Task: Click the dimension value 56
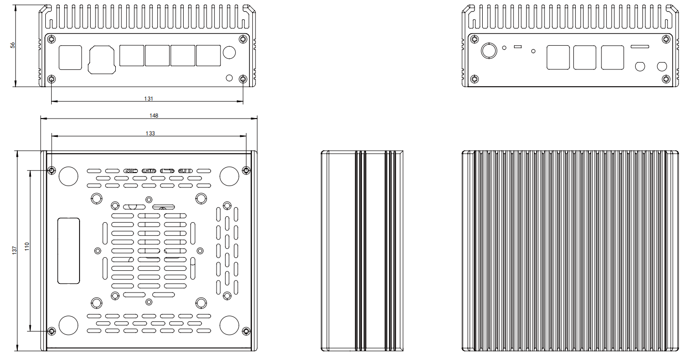13,45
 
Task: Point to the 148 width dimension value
154,115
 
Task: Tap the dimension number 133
150,133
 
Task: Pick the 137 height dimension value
14,250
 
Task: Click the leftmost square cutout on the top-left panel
70,57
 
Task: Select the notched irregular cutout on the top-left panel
102,60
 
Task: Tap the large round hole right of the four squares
230,53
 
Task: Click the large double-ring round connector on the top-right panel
490,50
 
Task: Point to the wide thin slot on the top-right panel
640,46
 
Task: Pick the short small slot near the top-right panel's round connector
518,46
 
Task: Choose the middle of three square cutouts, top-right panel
584,57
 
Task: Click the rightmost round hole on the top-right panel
662,66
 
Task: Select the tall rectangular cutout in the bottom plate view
68,251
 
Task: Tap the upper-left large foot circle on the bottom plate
68,176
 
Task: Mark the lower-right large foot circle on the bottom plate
230,325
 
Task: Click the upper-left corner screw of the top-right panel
475,40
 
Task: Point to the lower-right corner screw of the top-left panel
243,79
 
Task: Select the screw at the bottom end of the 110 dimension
52,331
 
